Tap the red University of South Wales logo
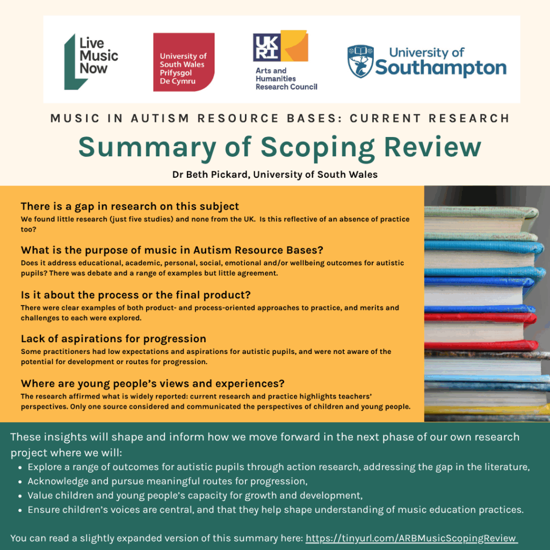[184, 62]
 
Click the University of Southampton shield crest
[359, 61]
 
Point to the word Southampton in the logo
[440, 68]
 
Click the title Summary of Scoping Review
[280, 147]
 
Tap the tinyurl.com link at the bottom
[411, 538]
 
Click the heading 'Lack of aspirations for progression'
[113, 339]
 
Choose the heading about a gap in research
[130, 206]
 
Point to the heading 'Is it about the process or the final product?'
[136, 295]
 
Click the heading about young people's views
[153, 383]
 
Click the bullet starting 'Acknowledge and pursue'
[167, 481]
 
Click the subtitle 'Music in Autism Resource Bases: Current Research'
[280, 118]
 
